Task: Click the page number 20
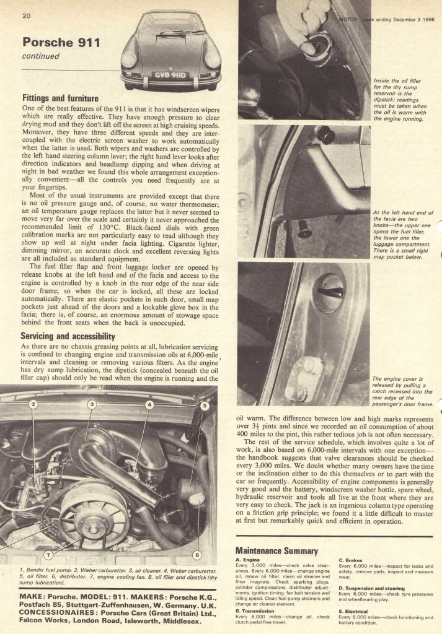coord(27,15)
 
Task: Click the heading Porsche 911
coord(61,43)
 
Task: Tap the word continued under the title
coord(40,56)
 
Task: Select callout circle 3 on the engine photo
coord(91,405)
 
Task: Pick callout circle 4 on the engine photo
coord(149,405)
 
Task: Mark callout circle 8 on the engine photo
coord(197,554)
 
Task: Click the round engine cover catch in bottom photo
coord(329,292)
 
